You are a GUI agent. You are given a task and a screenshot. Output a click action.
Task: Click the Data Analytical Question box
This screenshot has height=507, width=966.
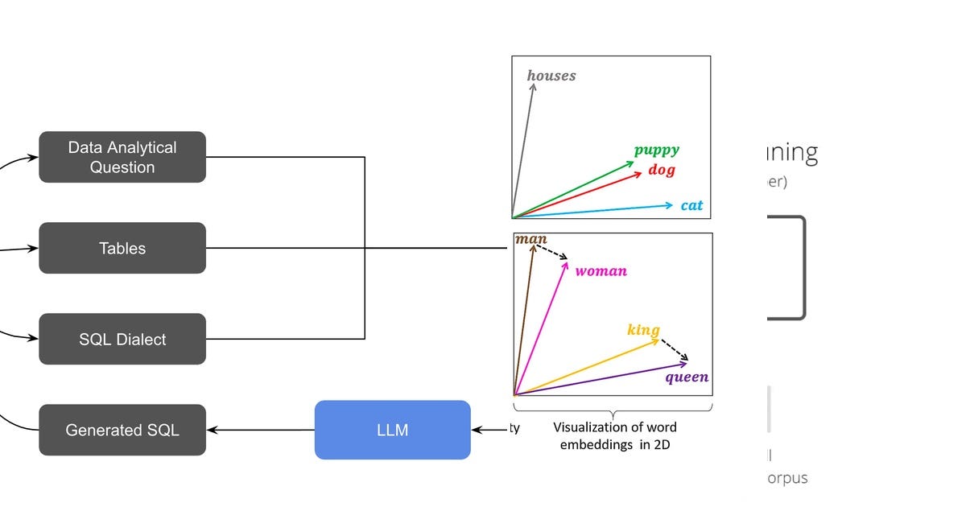122,157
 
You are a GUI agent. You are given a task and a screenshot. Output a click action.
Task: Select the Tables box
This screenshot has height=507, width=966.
122,248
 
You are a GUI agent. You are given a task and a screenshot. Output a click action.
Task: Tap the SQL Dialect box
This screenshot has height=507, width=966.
122,339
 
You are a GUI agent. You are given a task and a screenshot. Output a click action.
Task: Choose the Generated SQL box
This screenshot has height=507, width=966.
122,430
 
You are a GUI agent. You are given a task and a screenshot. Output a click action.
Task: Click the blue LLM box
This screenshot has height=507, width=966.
392,430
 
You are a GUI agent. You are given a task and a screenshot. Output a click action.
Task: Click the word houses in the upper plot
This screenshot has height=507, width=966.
551,76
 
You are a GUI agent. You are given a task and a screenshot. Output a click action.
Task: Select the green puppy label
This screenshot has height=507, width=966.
656,150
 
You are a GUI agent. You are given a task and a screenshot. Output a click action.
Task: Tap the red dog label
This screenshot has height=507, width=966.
661,170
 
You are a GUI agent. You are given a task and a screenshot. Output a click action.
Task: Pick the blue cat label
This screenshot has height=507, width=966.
691,205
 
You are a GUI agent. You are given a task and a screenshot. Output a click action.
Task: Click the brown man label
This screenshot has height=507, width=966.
530,239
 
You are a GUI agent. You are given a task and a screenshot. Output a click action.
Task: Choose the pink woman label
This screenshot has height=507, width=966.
601,271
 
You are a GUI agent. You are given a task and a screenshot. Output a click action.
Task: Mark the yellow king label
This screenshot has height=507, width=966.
643,330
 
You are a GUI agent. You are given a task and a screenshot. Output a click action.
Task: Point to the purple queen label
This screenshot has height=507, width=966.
687,377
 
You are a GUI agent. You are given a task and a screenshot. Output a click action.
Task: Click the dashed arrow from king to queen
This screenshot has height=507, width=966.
675,351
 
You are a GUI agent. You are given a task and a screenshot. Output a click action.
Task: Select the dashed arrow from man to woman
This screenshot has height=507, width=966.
552,251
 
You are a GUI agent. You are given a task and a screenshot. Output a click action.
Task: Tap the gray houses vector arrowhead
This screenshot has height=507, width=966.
532,82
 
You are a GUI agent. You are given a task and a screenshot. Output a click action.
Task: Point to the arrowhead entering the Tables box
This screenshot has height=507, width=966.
34,249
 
